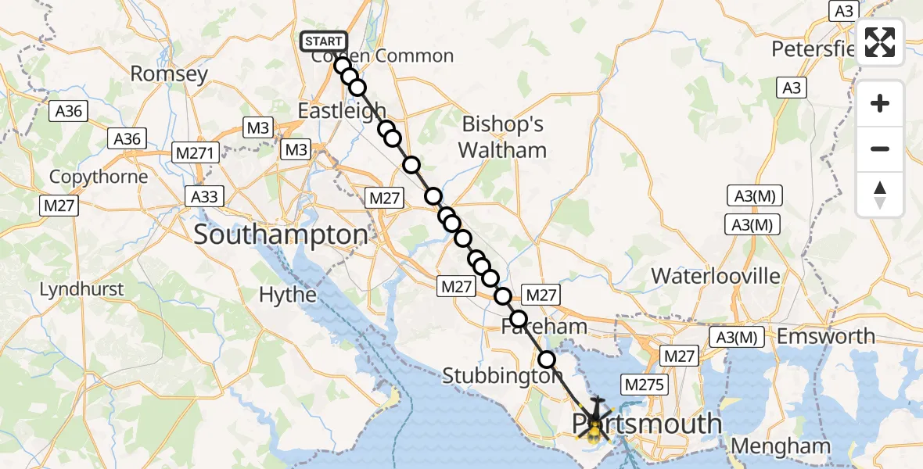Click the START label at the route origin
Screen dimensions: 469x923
[x=324, y=41]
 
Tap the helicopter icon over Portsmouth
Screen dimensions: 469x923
[x=596, y=417]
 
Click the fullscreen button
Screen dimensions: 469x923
[x=880, y=42]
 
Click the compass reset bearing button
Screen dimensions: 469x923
[x=880, y=195]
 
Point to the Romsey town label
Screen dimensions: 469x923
[x=169, y=74]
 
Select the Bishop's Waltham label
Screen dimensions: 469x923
[x=502, y=137]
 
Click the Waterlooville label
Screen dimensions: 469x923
[x=716, y=275]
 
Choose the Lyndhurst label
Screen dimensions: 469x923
[x=81, y=289]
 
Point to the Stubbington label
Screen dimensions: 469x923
[x=502, y=376]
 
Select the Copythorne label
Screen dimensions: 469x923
[x=99, y=177]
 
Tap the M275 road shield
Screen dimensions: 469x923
[x=644, y=385]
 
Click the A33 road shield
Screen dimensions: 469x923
[x=205, y=195]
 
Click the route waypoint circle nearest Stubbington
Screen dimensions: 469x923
[x=547, y=360]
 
